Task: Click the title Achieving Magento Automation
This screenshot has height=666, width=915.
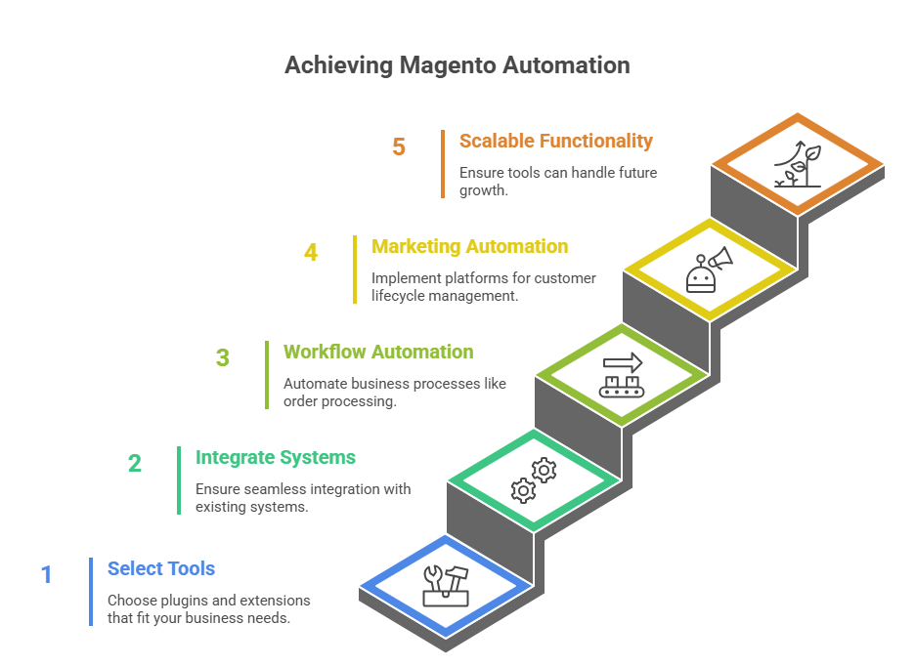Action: [457, 65]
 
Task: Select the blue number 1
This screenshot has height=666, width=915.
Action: [46, 574]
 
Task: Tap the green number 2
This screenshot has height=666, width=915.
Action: [134, 463]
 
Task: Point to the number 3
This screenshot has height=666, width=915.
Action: [223, 357]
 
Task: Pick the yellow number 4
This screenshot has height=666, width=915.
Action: [311, 252]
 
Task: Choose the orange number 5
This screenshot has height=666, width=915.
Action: [399, 146]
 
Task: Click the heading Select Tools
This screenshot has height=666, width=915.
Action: [161, 568]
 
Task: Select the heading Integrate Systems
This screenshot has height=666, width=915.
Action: [276, 457]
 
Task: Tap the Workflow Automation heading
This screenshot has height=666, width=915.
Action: [378, 352]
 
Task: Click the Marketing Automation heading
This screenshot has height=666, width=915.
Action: [469, 246]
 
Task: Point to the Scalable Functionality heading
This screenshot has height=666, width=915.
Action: [555, 141]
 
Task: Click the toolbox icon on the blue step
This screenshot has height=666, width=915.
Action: [446, 584]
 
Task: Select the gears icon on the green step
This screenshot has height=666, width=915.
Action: [534, 479]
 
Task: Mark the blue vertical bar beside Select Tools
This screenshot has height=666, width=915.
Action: [91, 592]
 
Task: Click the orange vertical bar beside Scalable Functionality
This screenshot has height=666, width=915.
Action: [443, 164]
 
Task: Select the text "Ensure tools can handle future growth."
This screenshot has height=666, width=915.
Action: [558, 182]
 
